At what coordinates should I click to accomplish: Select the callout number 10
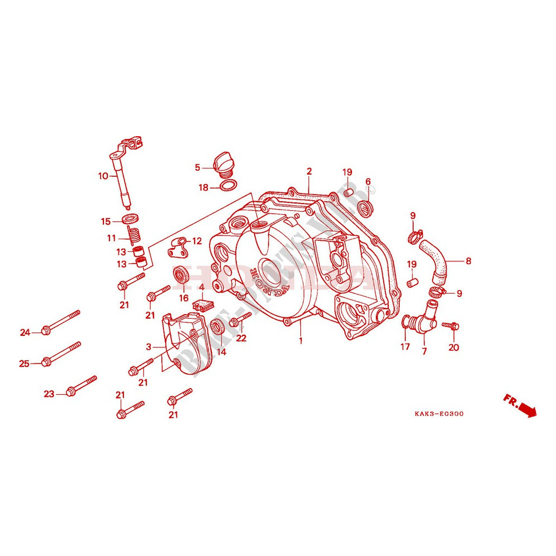103,176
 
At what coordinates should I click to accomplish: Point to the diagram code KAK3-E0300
439,414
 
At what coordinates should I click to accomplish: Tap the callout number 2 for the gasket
309,171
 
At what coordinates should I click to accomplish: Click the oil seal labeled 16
181,275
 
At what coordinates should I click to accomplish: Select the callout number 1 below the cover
301,340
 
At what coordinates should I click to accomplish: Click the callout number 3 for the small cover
148,346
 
